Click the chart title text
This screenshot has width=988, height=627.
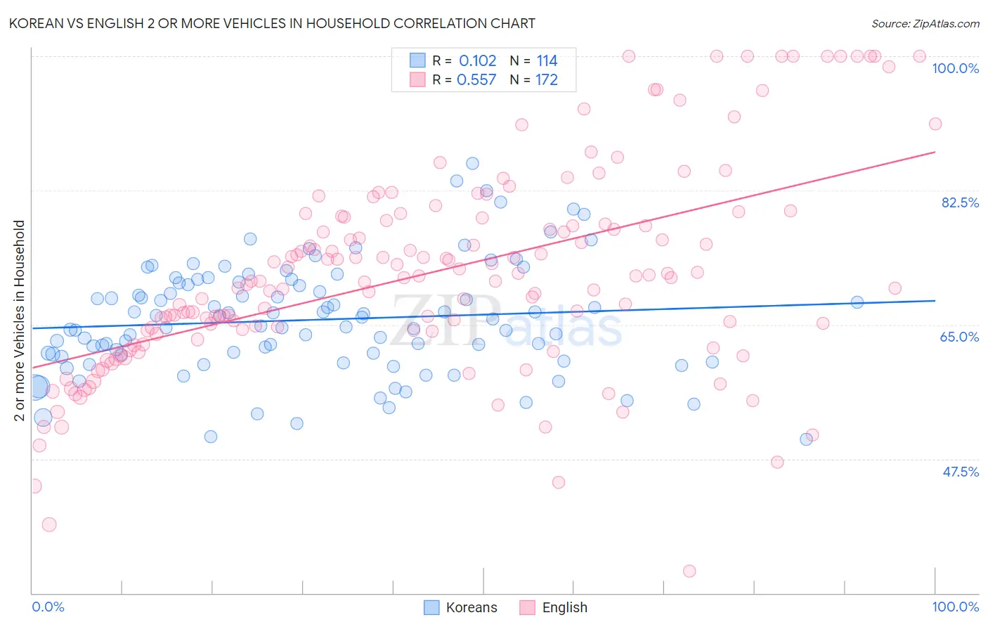[x=273, y=23]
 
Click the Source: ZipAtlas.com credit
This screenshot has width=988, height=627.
[x=925, y=23]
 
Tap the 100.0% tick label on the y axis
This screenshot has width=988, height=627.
[x=955, y=68]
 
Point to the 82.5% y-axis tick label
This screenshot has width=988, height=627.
[x=960, y=202]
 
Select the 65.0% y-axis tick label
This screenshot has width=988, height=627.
[x=959, y=337]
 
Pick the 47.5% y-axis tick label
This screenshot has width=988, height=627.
[x=960, y=472]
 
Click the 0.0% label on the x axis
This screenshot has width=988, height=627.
[x=48, y=607]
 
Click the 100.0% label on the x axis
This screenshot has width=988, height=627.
[x=955, y=607]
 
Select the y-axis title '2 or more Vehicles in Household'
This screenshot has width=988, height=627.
[x=20, y=321]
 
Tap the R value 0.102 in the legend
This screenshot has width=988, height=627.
[x=477, y=61]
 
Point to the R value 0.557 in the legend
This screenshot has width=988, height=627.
[x=476, y=80]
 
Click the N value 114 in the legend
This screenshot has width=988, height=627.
[x=547, y=61]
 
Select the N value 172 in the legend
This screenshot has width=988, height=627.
[x=547, y=80]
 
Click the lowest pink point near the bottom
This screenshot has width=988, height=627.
[x=689, y=571]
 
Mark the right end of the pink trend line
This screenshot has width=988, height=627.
[x=935, y=152]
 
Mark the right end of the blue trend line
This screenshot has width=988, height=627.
[x=935, y=300]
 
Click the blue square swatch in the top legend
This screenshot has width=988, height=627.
[x=417, y=60]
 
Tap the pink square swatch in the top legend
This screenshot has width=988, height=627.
[x=417, y=79]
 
